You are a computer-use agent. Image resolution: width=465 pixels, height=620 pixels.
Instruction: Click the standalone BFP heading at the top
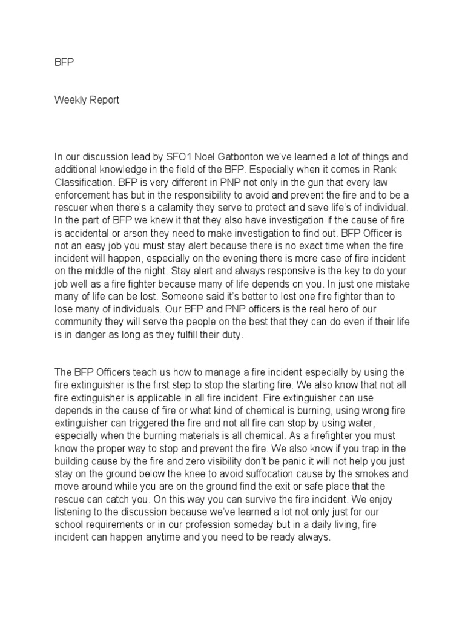63,62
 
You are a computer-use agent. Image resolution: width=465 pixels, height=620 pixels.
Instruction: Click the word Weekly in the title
70,100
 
